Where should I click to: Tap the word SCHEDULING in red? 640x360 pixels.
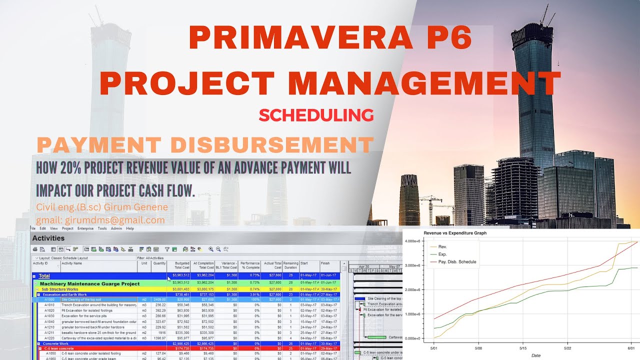coord(316,115)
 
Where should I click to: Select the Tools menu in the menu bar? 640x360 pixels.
coord(102,228)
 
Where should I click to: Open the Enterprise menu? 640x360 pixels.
coord(85,228)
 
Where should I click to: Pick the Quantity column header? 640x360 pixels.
coord(159,263)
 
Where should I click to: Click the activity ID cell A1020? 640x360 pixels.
coord(49,310)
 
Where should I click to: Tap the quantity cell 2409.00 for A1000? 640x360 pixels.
coord(159,299)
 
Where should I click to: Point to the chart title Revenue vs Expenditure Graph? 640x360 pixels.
coord(455,233)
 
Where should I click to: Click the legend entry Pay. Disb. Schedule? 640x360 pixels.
coord(457,261)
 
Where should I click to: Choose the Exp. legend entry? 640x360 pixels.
coord(443,254)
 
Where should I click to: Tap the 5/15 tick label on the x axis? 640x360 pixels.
coord(522,348)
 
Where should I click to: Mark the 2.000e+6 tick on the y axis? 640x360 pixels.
coord(414,290)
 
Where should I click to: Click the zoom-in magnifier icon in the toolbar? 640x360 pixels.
coord(211,248)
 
